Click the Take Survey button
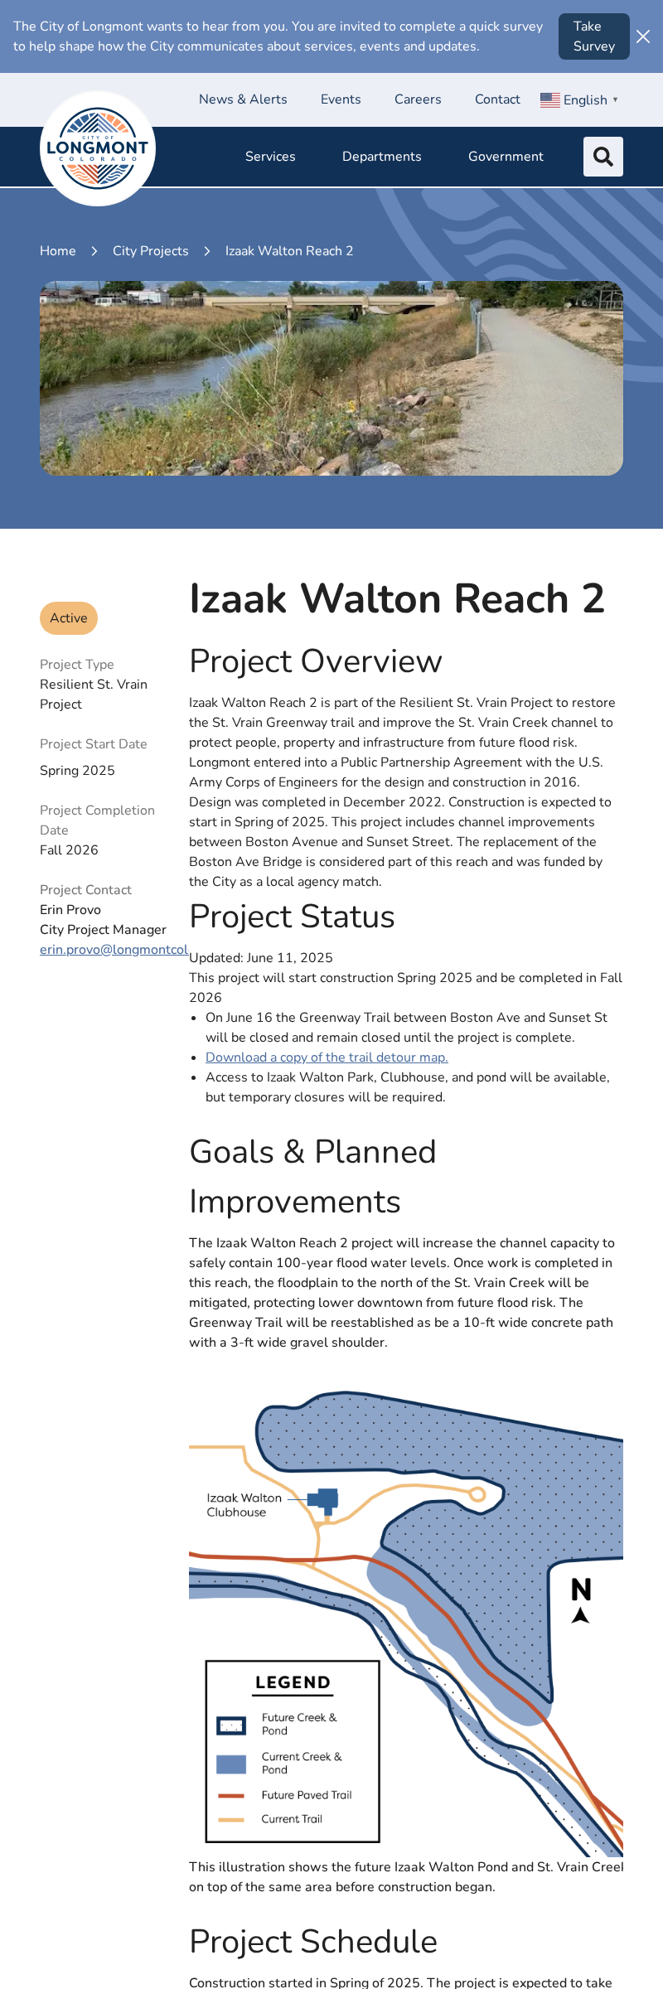[593, 36]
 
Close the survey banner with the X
[643, 36]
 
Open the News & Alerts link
[243, 99]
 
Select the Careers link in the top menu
[418, 99]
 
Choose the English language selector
[579, 100]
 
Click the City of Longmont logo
[98, 148]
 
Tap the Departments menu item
[381, 157]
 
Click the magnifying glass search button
[603, 157]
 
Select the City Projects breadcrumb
[151, 251]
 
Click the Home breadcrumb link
[58, 251]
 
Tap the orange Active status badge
[69, 618]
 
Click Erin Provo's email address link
[114, 950]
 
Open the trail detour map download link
[327, 1057]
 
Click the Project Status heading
[292, 917]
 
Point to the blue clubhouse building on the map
[324, 1499]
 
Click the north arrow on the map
[581, 1600]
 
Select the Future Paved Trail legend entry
[306, 1795]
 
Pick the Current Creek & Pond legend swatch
[231, 1764]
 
